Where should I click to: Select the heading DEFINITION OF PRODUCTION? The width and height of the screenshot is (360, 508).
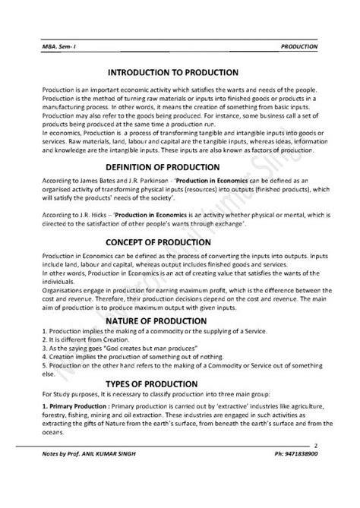click(x=180, y=145)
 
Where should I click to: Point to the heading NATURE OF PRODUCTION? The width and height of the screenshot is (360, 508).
click(x=180, y=321)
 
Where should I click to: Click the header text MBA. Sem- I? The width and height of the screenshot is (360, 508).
click(x=57, y=46)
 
